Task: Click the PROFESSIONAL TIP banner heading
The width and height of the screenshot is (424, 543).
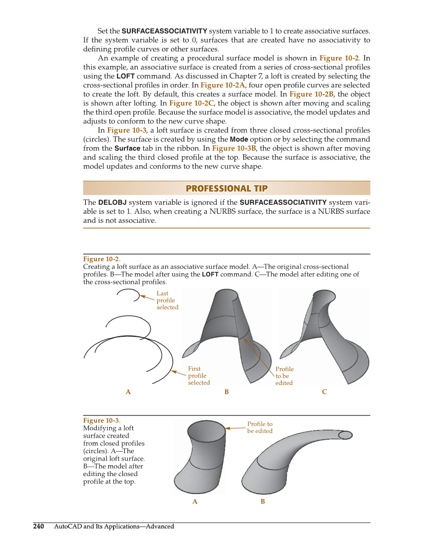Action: pyautogui.click(x=226, y=188)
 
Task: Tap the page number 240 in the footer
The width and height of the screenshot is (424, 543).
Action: pyautogui.click(x=38, y=526)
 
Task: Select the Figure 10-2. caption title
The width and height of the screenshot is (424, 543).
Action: pyautogui.click(x=101, y=259)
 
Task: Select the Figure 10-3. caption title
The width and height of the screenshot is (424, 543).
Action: pyautogui.click(x=101, y=421)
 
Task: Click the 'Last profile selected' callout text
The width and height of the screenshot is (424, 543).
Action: pyautogui.click(x=167, y=300)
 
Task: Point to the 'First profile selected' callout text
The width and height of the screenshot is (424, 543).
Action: pyautogui.click(x=198, y=376)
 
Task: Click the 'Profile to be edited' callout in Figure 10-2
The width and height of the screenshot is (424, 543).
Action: pyautogui.click(x=284, y=376)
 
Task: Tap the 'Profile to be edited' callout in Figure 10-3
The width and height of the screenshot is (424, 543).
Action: pyautogui.click(x=260, y=428)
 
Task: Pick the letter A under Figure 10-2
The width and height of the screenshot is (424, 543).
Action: pyautogui.click(x=128, y=392)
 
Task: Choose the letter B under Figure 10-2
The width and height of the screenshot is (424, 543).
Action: pyautogui.click(x=226, y=392)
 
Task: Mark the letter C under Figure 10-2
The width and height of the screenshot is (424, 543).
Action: pyautogui.click(x=324, y=392)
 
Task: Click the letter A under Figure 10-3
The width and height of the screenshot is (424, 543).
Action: pyautogui.click(x=195, y=502)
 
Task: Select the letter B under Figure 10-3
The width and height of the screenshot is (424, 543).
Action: pyautogui.click(x=263, y=502)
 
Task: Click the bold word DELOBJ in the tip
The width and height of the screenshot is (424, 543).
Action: pyautogui.click(x=112, y=202)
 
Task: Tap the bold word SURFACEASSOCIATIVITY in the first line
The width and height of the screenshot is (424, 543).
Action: pyautogui.click(x=164, y=30)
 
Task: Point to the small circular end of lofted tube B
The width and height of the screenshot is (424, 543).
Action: pyautogui.click(x=345, y=435)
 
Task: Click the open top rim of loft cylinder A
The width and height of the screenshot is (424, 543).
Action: pyautogui.click(x=206, y=429)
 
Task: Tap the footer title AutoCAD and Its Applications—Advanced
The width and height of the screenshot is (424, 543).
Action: pyautogui.click(x=114, y=526)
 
